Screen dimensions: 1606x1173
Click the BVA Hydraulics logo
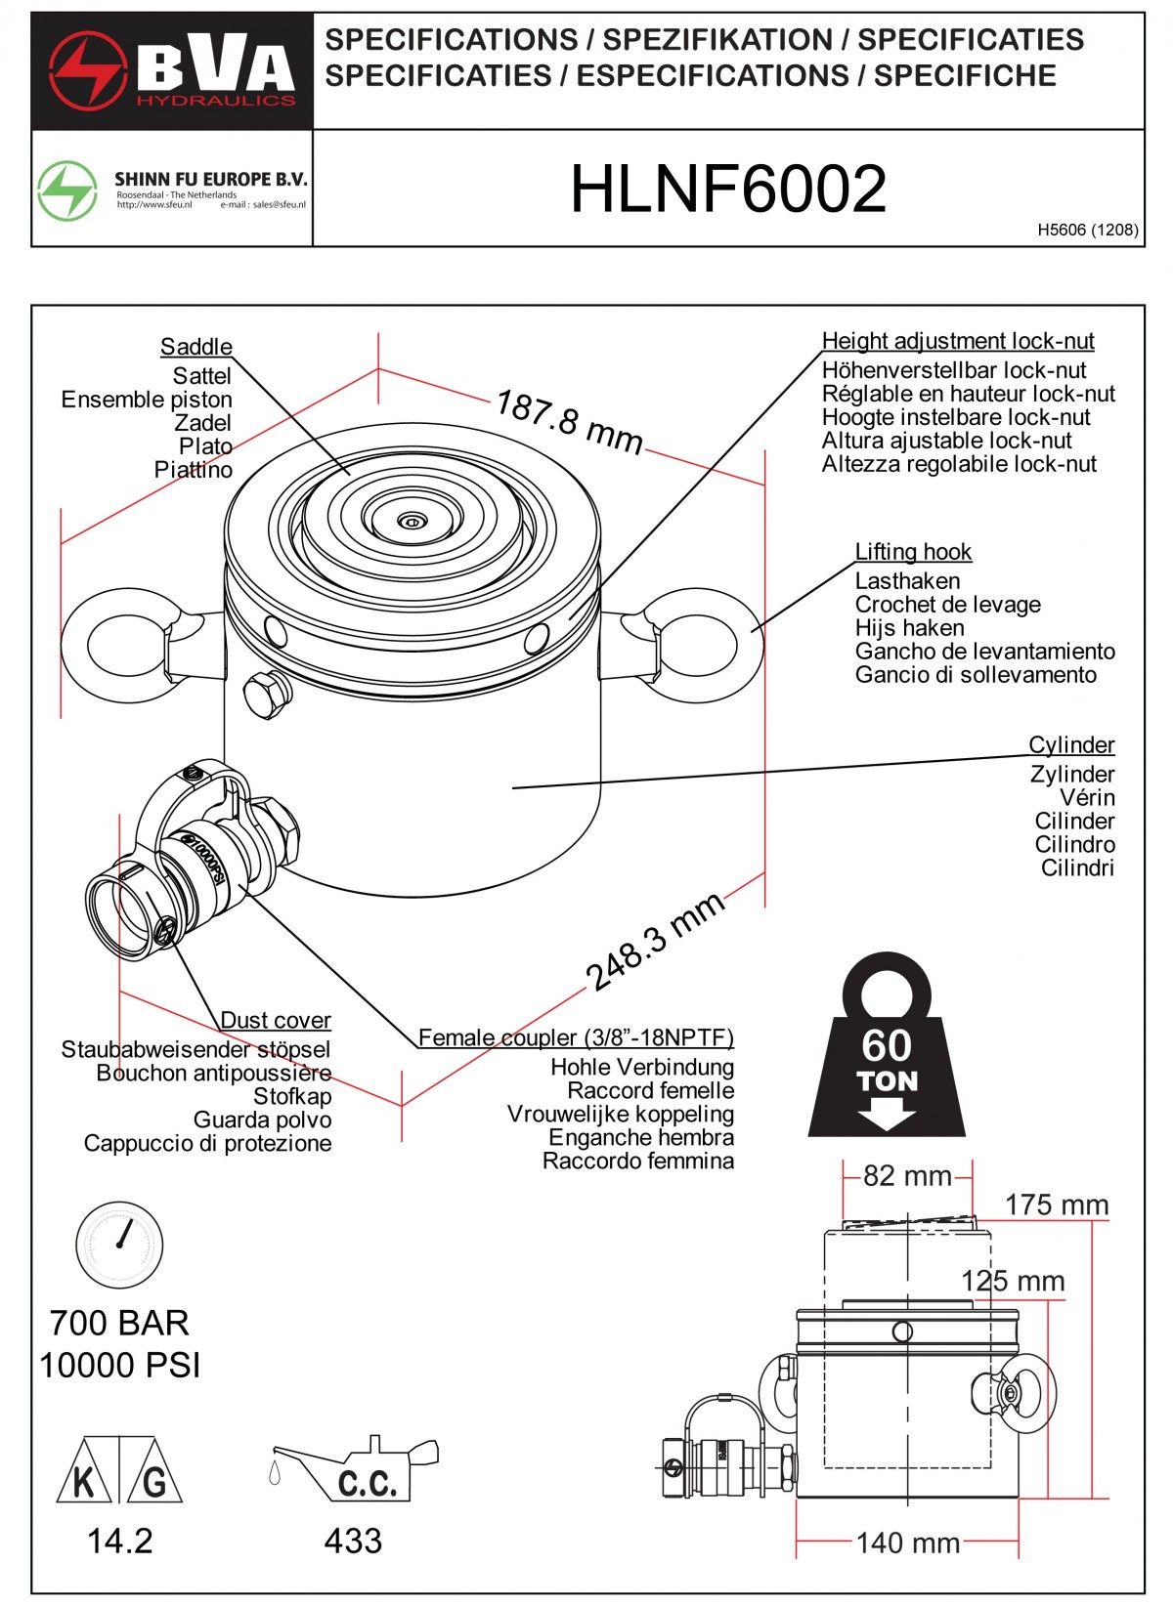(172, 71)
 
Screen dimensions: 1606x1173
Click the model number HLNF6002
(728, 189)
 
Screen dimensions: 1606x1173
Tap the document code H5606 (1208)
(1087, 231)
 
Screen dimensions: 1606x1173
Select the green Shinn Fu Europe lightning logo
(67, 190)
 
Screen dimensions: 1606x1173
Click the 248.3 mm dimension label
(655, 940)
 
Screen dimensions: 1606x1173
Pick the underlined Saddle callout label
(196, 347)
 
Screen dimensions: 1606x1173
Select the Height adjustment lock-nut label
(957, 341)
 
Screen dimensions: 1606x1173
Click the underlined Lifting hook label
(913, 552)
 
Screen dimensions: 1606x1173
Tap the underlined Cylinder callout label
(1071, 745)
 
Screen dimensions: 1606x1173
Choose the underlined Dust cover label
(276, 1021)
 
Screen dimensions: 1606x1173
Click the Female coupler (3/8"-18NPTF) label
(576, 1038)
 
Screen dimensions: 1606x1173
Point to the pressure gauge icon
(119, 1245)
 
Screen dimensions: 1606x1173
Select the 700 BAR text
(119, 1323)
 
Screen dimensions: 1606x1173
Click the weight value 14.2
(119, 1542)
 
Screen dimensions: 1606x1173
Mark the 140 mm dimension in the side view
(907, 1543)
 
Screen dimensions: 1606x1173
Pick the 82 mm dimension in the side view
(907, 1176)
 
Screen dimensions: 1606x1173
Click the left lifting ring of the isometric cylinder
(122, 646)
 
